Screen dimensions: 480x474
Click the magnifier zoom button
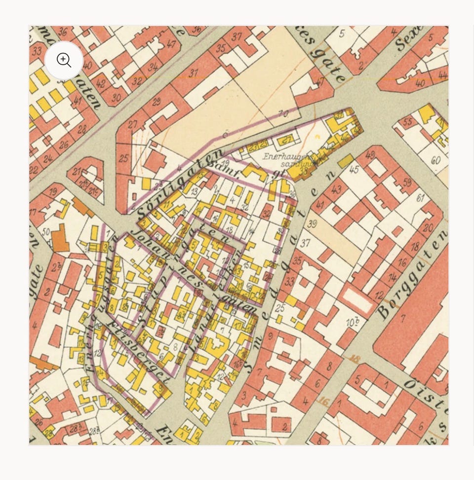(x=64, y=60)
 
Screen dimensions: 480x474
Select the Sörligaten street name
(x=180, y=184)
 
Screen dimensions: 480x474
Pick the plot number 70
(x=283, y=114)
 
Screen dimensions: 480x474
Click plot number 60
(x=435, y=160)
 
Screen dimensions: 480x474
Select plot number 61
(x=420, y=198)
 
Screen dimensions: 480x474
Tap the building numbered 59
(x=407, y=182)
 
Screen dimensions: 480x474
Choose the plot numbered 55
(x=408, y=122)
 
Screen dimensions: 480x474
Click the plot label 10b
(x=352, y=323)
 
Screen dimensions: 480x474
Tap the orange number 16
(x=324, y=402)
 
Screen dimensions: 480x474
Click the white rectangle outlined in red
(x=358, y=300)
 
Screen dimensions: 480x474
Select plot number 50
(x=46, y=231)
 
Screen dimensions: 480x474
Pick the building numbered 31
(x=194, y=73)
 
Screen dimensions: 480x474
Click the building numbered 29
(x=157, y=102)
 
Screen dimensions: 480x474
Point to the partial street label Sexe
(x=408, y=38)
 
